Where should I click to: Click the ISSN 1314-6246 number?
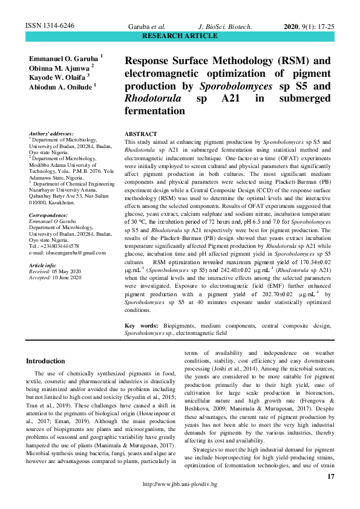coord(50,27)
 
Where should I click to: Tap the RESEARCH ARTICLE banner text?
coord(179,36)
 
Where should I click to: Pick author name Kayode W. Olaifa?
coord(58,77)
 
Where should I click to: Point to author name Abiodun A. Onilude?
coord(61,86)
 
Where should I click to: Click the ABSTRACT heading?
coord(140,134)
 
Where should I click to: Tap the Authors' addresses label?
coord(51,133)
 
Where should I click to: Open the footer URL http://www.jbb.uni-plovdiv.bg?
coord(180,502)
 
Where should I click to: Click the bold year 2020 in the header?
coord(293,27)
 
